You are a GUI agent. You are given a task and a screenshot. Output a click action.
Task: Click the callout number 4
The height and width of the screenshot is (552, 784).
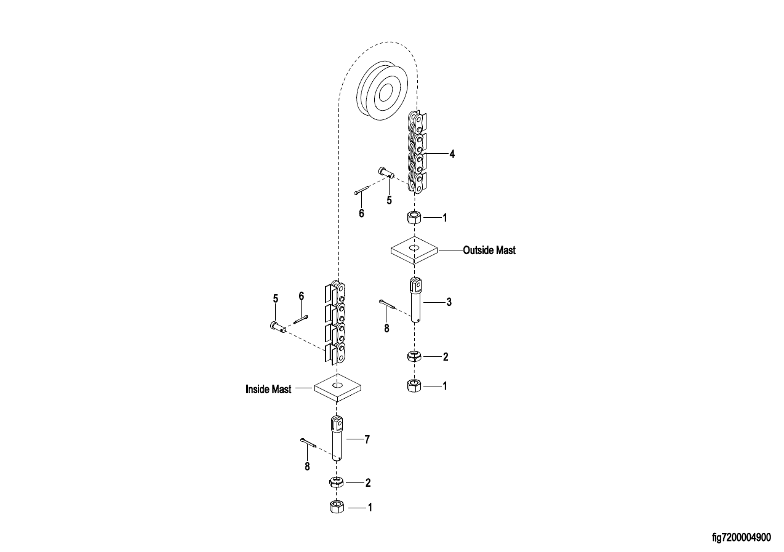(452, 154)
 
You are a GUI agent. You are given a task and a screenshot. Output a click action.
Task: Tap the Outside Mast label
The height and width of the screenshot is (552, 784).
(489, 250)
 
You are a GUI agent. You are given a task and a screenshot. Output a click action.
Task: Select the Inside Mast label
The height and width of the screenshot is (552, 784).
(268, 390)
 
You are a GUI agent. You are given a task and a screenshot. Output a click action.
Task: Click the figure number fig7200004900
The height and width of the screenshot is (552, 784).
(742, 537)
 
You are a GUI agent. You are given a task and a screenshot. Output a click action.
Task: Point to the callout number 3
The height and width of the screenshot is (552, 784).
(449, 302)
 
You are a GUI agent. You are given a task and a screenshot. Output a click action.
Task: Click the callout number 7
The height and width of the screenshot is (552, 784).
(367, 439)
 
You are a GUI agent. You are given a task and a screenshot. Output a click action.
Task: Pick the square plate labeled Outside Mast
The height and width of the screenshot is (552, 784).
(414, 250)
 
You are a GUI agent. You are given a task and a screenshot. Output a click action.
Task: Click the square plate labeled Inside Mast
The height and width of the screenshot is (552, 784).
(337, 388)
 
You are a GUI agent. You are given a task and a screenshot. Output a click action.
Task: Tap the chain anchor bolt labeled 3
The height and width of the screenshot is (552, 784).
(415, 300)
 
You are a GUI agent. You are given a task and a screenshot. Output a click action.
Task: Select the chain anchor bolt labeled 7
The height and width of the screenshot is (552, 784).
(337, 438)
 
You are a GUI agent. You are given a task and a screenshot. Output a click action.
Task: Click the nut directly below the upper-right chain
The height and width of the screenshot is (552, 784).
(414, 218)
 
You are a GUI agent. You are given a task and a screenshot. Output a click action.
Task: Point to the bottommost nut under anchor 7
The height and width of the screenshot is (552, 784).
(337, 506)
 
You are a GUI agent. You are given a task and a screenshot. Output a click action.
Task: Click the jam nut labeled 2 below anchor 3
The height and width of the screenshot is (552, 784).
(414, 356)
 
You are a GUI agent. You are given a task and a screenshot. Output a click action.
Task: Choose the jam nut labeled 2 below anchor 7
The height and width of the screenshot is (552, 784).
(337, 482)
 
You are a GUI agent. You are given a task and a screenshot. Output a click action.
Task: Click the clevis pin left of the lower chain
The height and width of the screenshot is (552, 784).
(278, 327)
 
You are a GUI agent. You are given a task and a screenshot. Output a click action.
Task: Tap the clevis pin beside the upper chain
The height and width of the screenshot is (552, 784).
(386, 172)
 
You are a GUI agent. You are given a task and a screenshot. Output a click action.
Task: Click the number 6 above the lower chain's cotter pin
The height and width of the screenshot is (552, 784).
(302, 296)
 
